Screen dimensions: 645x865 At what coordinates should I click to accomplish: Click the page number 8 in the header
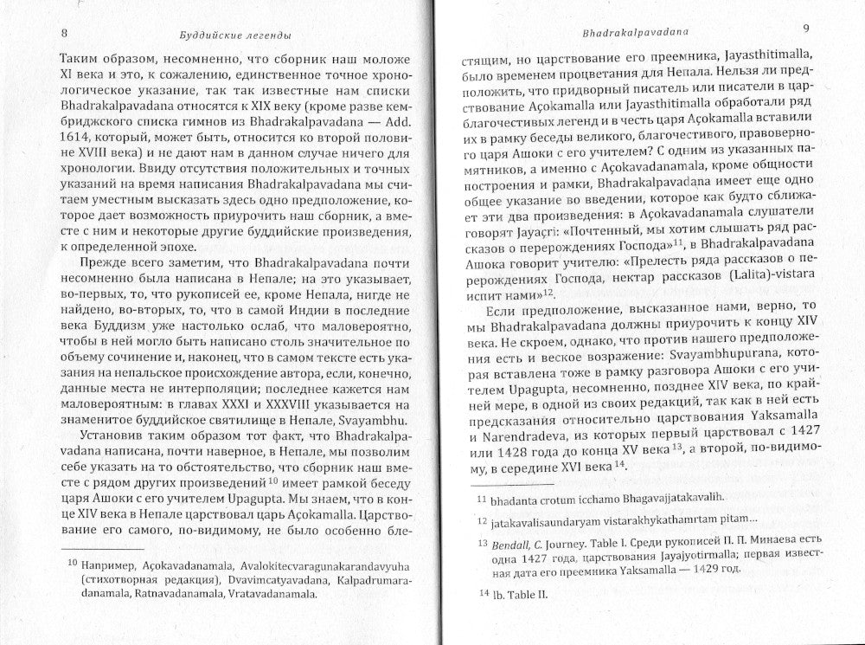(65, 34)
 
